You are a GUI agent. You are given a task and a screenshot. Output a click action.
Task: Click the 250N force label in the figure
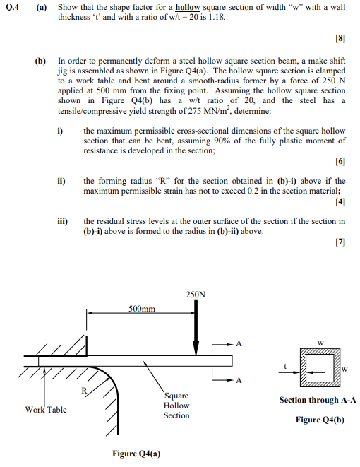tap(196, 294)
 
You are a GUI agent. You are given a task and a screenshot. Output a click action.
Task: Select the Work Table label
tap(46, 409)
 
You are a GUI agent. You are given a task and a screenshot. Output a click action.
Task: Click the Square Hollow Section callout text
tap(176, 406)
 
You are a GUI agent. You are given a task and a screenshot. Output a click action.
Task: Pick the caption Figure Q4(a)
tap(136, 453)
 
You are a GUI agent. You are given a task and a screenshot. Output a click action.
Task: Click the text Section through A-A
tap(318, 400)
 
